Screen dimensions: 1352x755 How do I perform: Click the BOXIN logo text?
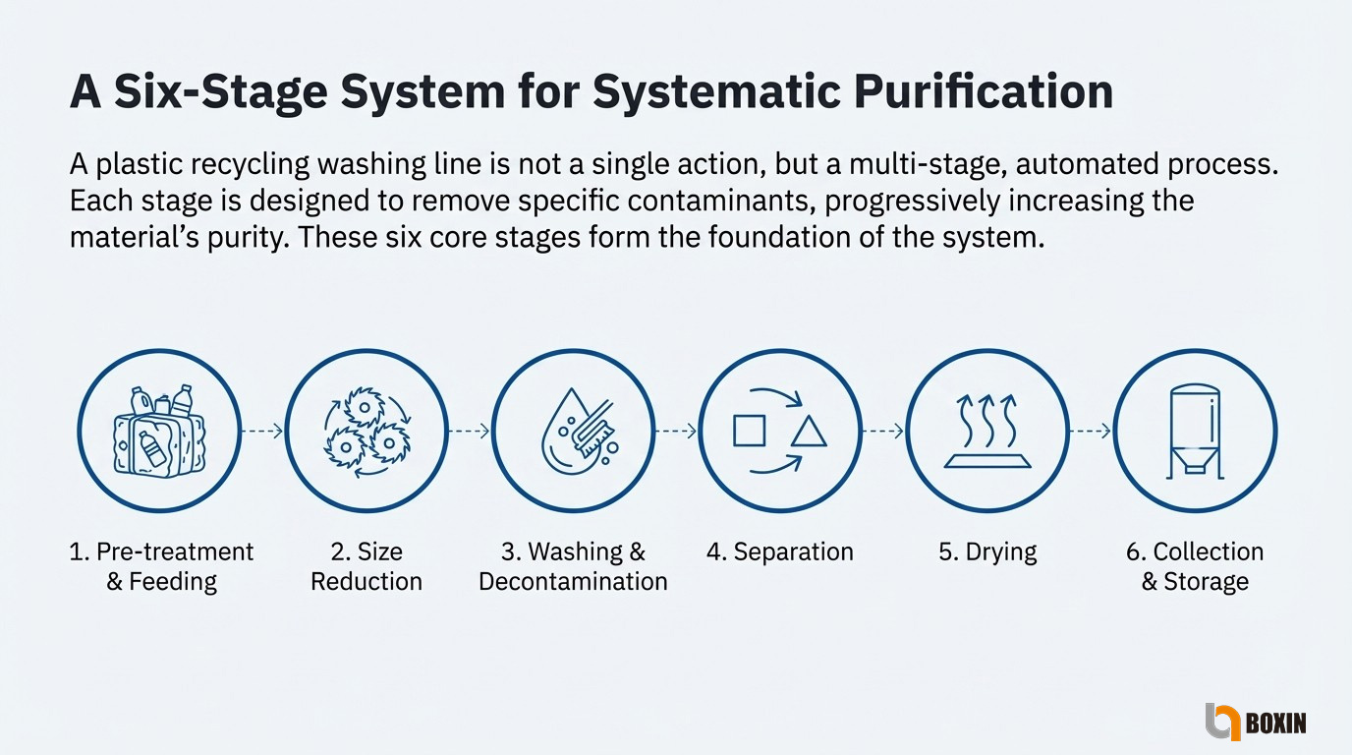pos(1276,723)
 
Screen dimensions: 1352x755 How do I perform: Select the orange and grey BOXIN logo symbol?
pos(1222,722)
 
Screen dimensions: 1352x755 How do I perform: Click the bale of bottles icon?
pos(159,432)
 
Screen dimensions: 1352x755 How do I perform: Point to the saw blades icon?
pos(366,432)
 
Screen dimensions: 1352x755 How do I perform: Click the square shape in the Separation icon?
pos(749,431)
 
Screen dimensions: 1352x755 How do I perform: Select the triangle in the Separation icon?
pos(809,432)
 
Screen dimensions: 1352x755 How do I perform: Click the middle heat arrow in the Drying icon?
pos(986,421)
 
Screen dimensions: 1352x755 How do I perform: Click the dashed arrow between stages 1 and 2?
pos(262,431)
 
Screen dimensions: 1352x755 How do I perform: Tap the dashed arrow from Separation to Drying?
pos(882,431)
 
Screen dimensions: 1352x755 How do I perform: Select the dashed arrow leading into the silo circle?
pos(1090,431)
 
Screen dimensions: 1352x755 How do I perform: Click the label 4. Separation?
pos(780,552)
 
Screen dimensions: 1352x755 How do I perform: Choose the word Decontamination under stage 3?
pos(574,582)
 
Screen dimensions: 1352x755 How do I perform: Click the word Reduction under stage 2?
pos(366,582)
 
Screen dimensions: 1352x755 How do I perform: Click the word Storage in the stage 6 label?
pos(1206,582)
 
